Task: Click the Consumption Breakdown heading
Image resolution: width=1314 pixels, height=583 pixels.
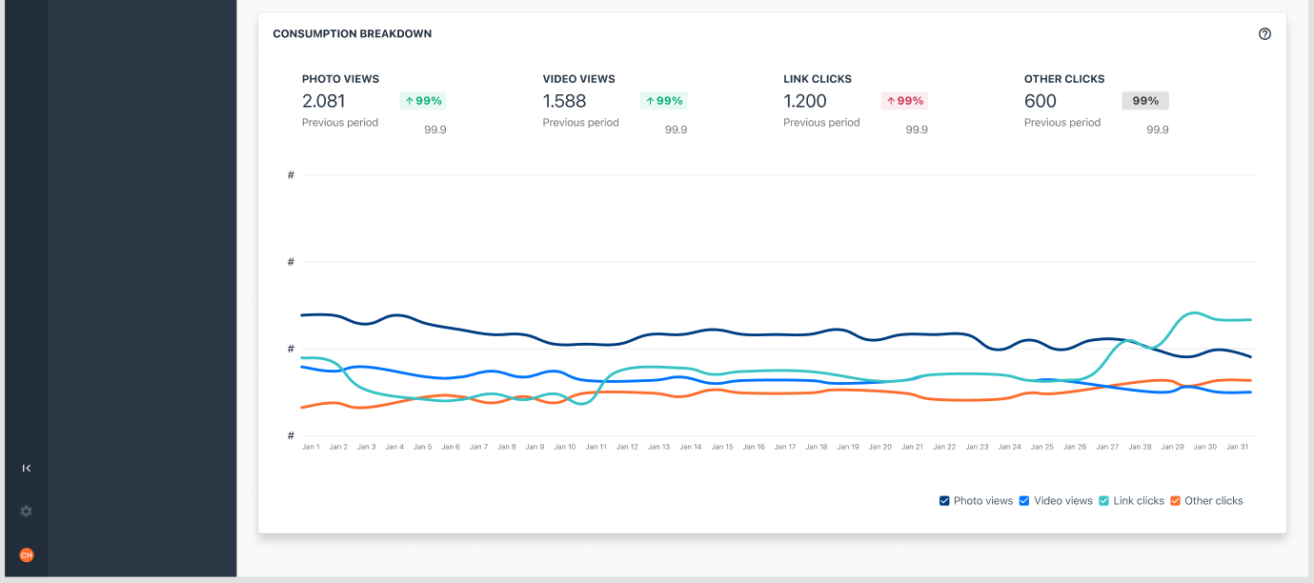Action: pos(352,34)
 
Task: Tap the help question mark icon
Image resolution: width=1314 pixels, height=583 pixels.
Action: pos(1264,34)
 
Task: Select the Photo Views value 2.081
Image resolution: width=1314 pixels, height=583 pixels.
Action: pos(324,101)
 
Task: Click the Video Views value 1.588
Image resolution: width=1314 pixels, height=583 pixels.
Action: pos(564,101)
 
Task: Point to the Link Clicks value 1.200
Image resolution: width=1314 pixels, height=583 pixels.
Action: pos(805,101)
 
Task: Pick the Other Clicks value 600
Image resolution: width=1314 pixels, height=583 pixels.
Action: pos(1041,101)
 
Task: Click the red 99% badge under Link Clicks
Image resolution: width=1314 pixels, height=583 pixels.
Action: pos(905,101)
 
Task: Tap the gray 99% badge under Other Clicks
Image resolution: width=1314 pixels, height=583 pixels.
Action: pos(1145,101)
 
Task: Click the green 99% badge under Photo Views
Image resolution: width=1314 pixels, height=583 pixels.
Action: pos(423,101)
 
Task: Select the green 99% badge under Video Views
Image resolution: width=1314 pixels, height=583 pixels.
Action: pos(664,101)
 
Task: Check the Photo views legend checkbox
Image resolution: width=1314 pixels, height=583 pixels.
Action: pos(944,501)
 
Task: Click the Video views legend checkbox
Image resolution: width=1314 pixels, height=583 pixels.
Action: pos(1024,501)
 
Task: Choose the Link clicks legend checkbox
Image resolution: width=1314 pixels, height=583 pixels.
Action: pos(1103,501)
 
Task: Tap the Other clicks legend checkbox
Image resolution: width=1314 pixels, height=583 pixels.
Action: pos(1175,501)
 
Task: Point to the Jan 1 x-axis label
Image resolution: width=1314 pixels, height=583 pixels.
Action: pos(311,447)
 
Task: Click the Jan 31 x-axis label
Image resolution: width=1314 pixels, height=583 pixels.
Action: pos(1237,447)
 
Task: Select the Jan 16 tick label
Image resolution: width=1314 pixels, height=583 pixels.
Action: pos(754,447)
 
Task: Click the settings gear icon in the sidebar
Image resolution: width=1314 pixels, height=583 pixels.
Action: pos(27,512)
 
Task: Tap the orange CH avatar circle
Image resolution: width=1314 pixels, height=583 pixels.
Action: pos(27,555)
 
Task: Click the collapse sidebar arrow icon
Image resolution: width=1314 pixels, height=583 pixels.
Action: pos(27,468)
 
